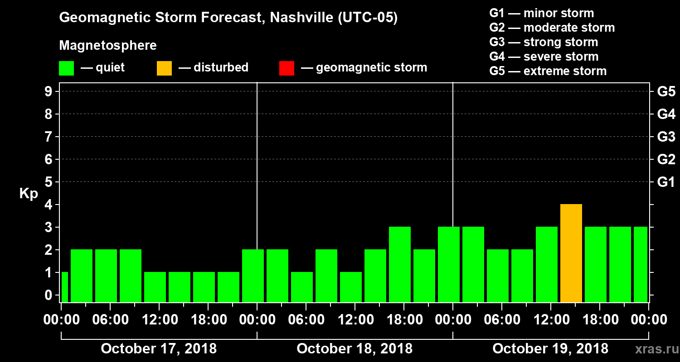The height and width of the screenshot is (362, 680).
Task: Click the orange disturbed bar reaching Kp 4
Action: [x=571, y=253]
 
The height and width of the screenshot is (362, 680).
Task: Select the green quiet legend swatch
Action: [x=66, y=68]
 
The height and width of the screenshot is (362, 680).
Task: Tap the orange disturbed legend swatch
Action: [x=164, y=68]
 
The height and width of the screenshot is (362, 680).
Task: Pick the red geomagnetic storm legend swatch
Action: [x=287, y=68]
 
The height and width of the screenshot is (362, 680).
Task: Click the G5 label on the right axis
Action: [x=666, y=92]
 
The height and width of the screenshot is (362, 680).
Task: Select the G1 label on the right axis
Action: [x=666, y=182]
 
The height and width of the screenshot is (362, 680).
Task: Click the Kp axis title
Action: [x=29, y=193]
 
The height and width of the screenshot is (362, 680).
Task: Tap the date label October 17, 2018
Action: [x=159, y=349]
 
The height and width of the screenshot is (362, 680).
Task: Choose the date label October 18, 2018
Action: [x=355, y=349]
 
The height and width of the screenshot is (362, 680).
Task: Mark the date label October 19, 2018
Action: [x=550, y=349]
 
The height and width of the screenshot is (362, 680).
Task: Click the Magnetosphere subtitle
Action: [x=108, y=46]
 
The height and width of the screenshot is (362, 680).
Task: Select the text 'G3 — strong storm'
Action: [x=544, y=42]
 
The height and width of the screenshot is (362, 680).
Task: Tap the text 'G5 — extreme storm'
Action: [x=548, y=71]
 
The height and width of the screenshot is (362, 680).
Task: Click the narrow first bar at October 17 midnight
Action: [x=64, y=287]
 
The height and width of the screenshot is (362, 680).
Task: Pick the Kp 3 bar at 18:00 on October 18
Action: [x=400, y=265]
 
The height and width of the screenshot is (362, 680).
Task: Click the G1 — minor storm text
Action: [x=541, y=13]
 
